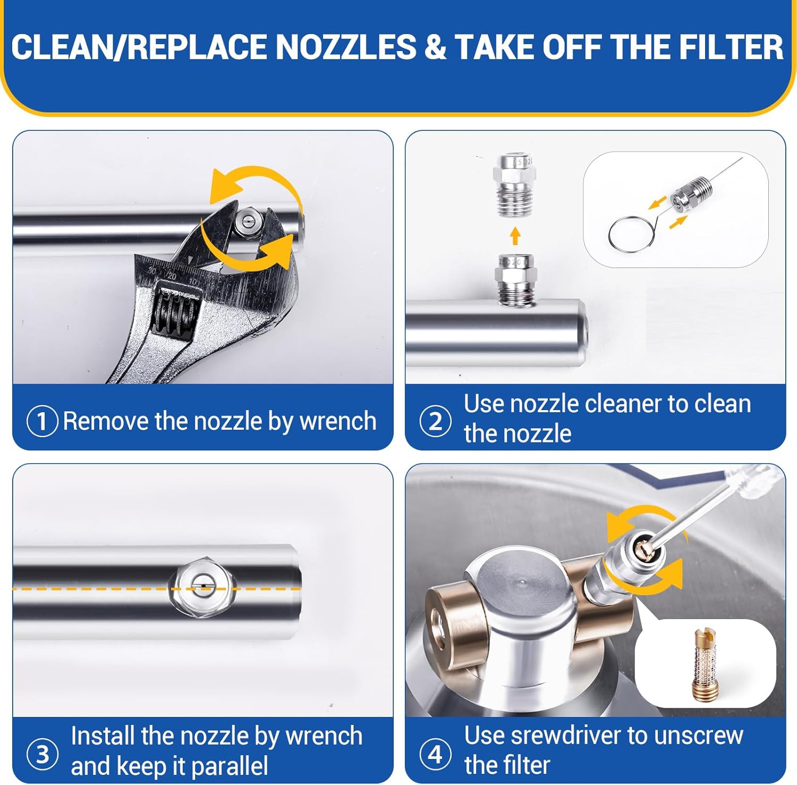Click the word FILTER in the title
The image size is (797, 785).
point(731,47)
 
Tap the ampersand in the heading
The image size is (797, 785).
point(435,47)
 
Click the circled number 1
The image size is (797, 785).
point(42,422)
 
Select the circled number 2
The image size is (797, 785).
point(436,421)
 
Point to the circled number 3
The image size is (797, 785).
point(43,754)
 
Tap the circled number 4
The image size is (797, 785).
point(435,754)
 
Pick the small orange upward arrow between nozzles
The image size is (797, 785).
point(515,235)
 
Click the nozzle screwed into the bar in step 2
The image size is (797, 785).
point(513,278)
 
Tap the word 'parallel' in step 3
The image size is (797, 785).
point(229,766)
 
